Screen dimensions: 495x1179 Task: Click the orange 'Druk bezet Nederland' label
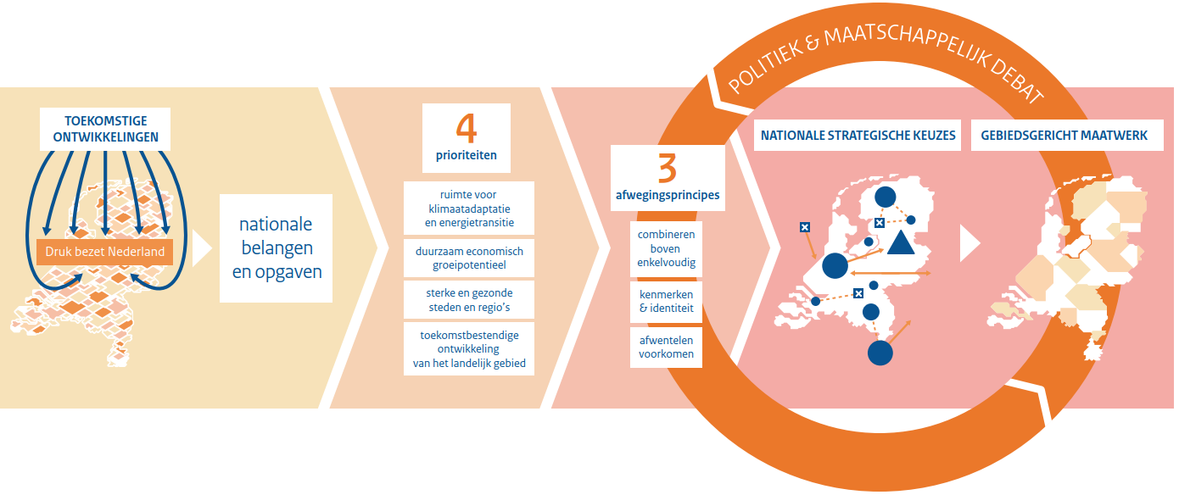pyautogui.click(x=106, y=252)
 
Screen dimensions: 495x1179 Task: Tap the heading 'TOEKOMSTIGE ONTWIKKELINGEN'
pyautogui.click(x=105, y=129)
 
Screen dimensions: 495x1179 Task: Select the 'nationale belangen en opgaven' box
pyautogui.click(x=276, y=248)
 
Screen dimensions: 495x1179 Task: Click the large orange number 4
pyautogui.click(x=467, y=129)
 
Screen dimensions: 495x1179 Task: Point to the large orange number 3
pyautogui.click(x=667, y=169)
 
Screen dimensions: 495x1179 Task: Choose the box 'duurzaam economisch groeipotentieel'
pyautogui.click(x=469, y=258)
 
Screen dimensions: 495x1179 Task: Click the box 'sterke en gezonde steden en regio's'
pyautogui.click(x=469, y=299)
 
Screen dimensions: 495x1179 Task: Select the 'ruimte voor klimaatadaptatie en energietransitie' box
pyautogui.click(x=469, y=209)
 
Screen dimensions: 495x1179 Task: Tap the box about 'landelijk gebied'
pyautogui.click(x=469, y=349)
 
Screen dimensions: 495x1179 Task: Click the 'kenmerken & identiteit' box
pyautogui.click(x=666, y=301)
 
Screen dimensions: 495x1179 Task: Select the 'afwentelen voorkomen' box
pyautogui.click(x=666, y=347)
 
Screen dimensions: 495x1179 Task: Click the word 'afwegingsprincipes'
pyautogui.click(x=667, y=195)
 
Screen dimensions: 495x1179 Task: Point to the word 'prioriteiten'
pyautogui.click(x=467, y=156)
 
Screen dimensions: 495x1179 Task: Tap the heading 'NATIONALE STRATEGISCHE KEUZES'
pyautogui.click(x=858, y=136)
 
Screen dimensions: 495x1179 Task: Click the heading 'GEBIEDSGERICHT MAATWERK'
pyautogui.click(x=1064, y=136)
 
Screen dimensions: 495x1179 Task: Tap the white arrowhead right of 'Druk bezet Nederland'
pyautogui.click(x=201, y=249)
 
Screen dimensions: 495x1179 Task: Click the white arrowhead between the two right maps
pyautogui.click(x=969, y=243)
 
